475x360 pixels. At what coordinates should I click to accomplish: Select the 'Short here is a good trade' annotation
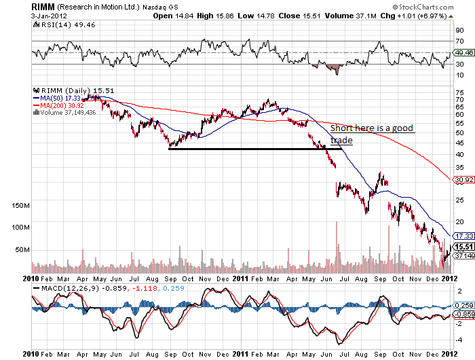click(371, 134)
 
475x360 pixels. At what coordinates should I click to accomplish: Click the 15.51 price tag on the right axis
click(463, 247)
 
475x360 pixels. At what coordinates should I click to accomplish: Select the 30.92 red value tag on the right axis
click(463, 180)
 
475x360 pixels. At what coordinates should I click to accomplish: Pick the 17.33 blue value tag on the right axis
click(463, 235)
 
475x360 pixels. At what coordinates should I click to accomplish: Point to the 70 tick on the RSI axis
click(459, 41)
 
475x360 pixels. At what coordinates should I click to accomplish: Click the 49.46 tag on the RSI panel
click(463, 52)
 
